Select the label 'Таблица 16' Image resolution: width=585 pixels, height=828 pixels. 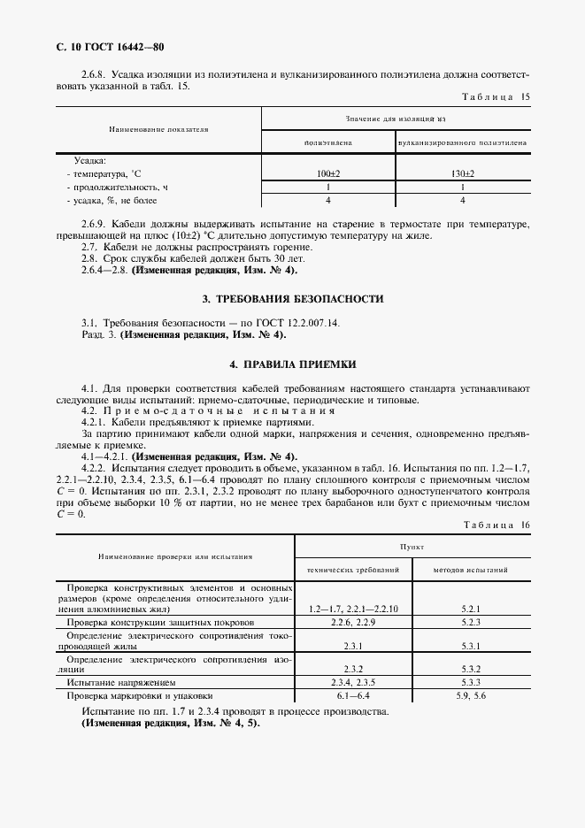pos(496,525)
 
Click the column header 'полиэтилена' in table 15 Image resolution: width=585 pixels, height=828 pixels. pos(327,142)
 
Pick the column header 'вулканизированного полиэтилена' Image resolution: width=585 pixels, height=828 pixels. pos(463,142)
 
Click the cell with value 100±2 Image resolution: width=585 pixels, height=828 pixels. pos(327,174)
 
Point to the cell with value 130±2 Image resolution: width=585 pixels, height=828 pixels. pos(463,174)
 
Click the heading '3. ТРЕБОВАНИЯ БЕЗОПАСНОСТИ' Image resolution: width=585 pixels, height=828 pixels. pos(293,299)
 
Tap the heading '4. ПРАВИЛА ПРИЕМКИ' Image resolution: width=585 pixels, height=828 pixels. pos(293,364)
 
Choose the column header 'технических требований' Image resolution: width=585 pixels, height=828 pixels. pos(353,571)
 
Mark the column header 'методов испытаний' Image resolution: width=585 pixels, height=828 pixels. pos(471,571)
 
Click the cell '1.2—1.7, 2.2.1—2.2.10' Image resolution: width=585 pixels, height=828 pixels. pos(354,609)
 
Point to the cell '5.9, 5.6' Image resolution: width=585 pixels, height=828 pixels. pos(471,695)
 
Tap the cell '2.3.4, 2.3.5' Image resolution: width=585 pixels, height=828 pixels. pos(354,683)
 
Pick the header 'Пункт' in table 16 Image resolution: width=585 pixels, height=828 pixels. pos(412,548)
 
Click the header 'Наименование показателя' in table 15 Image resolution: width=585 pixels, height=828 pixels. pos(158,129)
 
